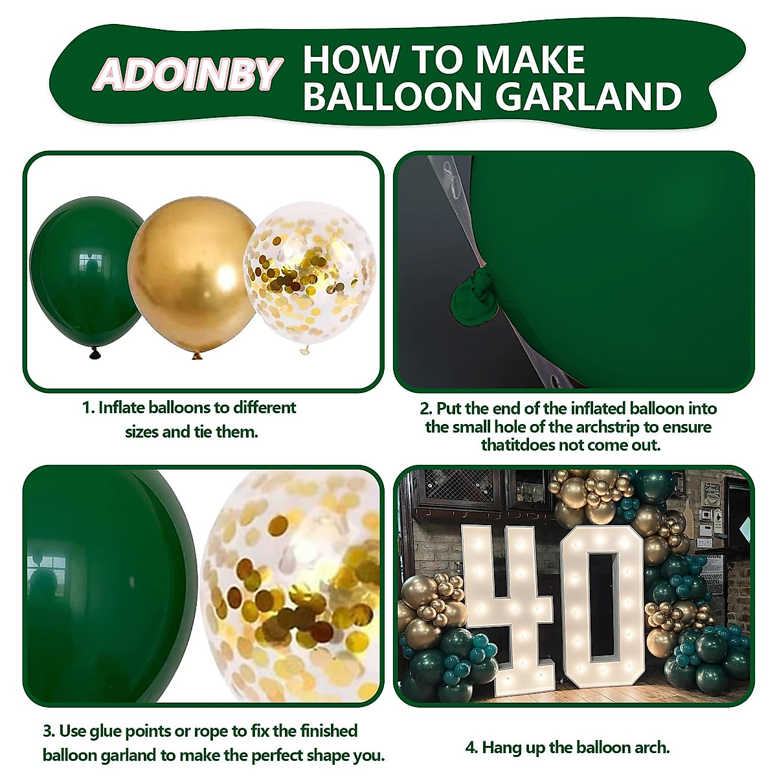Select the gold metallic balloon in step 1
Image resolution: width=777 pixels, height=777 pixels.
192,272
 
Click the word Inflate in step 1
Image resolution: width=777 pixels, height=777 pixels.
121,408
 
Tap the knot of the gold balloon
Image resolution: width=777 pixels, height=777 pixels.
197,354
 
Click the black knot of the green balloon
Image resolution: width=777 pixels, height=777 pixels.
95,353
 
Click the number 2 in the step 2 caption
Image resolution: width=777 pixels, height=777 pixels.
425,409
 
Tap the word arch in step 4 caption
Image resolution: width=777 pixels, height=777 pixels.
649,747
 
